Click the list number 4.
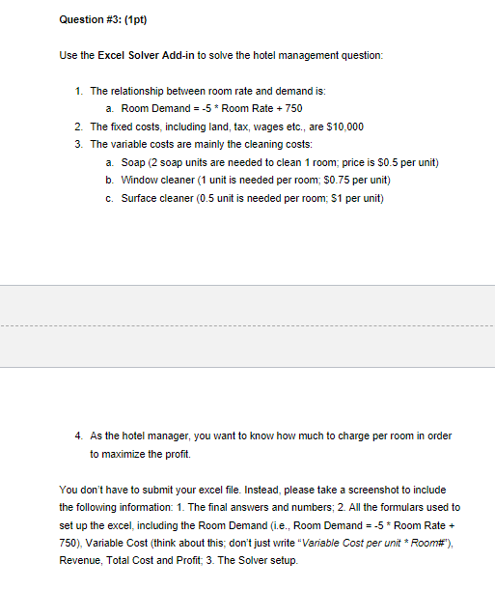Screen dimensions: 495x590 tap(78, 435)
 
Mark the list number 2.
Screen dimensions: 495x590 tap(78, 126)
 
